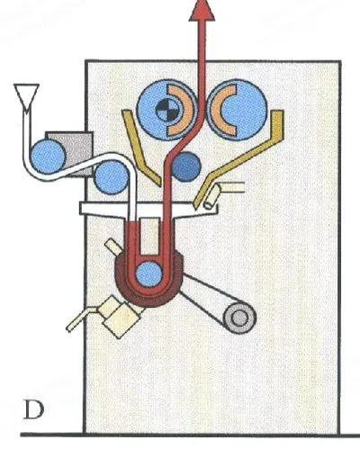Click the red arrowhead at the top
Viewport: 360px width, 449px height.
pos(202,11)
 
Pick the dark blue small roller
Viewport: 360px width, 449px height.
pos(186,166)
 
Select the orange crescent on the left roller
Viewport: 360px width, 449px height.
pos(179,110)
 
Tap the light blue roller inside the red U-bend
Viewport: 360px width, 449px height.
pos(148,274)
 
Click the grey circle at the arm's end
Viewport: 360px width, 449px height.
pos(240,318)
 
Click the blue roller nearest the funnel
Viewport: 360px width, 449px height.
pos(48,157)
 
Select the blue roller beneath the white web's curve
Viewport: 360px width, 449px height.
pos(111,177)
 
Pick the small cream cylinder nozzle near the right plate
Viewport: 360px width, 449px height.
pos(212,196)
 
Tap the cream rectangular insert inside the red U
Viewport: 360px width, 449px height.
pos(149,236)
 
